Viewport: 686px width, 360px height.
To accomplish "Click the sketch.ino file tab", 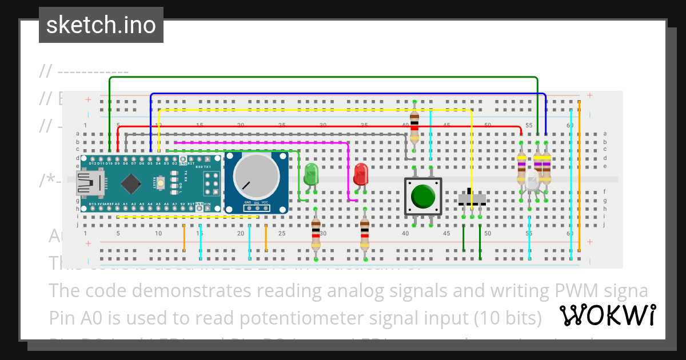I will [x=101, y=25].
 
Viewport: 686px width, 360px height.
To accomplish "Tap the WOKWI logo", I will [x=607, y=315].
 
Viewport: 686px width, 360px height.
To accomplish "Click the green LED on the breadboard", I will [x=311, y=174].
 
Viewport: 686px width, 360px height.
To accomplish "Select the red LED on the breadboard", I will [x=361, y=174].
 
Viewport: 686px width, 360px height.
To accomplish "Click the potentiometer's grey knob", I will [x=251, y=175].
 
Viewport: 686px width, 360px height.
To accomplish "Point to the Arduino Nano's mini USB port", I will [x=85, y=183].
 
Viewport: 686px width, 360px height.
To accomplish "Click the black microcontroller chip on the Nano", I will [x=131, y=183].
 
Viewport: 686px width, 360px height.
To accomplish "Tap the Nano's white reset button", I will [x=161, y=183].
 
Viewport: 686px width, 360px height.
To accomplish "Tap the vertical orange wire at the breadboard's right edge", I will [x=579, y=177].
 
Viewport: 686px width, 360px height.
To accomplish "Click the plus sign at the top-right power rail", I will [x=589, y=95].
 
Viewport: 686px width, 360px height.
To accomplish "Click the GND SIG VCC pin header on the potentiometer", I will [x=257, y=207].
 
